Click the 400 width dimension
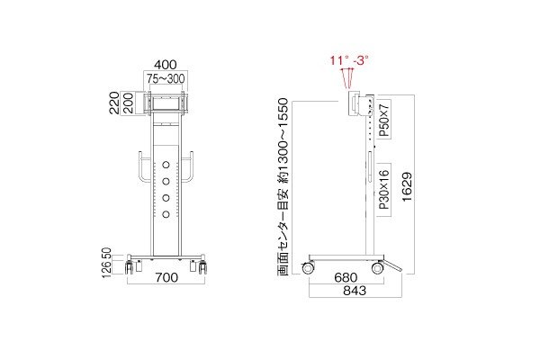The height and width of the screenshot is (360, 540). [165, 65]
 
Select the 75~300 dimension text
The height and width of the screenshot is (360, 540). [165, 78]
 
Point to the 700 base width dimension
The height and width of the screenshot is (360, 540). [165, 278]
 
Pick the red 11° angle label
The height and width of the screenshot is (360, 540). [338, 59]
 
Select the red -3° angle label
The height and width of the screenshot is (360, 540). [362, 59]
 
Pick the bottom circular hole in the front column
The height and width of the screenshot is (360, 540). [166, 213]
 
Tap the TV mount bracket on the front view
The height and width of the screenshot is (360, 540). [165, 102]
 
